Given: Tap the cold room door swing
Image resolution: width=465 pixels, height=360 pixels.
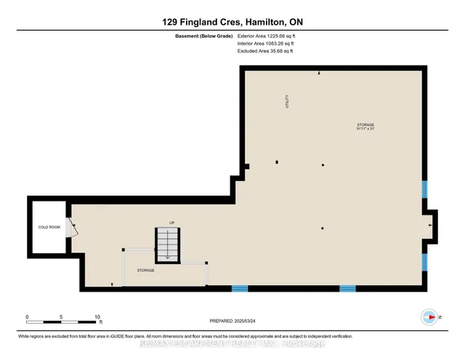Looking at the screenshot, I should (72, 228).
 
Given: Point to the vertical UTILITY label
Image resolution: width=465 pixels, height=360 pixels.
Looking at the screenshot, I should (287, 103).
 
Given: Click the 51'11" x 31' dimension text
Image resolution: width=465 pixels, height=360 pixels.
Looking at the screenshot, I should (365, 129).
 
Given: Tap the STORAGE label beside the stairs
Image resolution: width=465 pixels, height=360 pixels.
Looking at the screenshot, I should (145, 270).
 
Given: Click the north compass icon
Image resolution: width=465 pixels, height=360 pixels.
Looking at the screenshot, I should (429, 317).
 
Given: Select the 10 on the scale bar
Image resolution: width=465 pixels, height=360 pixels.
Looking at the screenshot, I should (97, 317).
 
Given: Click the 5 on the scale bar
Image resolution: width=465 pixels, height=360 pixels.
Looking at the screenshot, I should (62, 317).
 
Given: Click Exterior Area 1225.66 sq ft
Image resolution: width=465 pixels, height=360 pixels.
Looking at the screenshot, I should (266, 35).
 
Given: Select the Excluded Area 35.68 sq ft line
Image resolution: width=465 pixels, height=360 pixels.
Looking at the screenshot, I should (265, 51).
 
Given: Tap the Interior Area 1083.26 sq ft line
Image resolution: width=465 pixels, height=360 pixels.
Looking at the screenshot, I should (266, 43).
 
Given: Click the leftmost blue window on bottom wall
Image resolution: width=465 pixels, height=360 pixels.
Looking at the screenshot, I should (240, 288).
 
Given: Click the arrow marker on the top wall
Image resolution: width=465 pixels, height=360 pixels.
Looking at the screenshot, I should (318, 73).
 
